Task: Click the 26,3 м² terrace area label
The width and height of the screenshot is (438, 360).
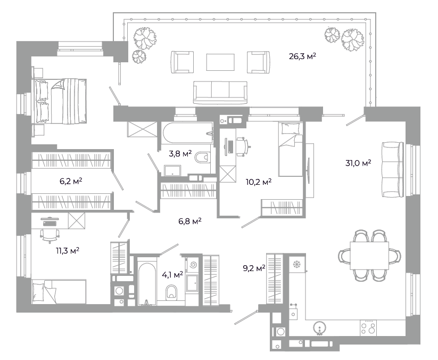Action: coord(302,56)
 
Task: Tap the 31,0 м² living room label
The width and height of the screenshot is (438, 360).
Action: coord(358,162)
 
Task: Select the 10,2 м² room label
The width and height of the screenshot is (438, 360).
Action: coord(259,182)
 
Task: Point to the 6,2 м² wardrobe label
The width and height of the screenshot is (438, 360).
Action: coord(71,182)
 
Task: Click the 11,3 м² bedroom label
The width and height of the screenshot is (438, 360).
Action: coord(68,251)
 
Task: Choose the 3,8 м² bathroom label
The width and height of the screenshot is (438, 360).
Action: coord(180,153)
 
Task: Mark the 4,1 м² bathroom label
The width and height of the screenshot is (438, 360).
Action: coord(172,275)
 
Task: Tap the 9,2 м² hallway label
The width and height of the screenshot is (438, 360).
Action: coord(254,268)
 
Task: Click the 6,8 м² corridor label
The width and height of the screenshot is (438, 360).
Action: coord(190,222)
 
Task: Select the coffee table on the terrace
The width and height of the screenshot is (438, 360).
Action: coord(220,62)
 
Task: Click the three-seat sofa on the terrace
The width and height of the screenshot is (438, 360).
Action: coord(220,93)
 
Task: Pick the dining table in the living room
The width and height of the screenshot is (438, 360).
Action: coord(369,256)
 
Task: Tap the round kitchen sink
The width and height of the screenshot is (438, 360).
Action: coord(319,328)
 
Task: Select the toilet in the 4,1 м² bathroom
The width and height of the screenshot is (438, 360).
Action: coord(171,293)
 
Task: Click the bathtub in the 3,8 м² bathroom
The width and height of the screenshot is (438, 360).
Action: coord(187,133)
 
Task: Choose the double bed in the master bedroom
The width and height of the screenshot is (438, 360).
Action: coord(60,101)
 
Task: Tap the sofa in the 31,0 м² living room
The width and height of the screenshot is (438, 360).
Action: coord(392,169)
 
